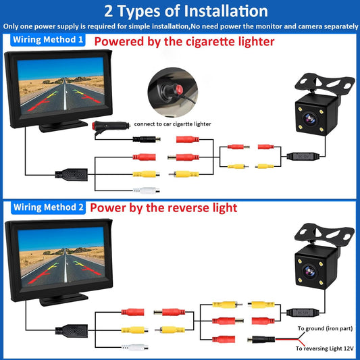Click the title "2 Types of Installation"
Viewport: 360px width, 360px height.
[x=180, y=11]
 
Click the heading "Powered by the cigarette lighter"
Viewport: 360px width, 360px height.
[x=184, y=41]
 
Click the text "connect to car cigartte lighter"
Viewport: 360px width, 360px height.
[x=173, y=124]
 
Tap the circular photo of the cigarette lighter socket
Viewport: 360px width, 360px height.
[x=169, y=93]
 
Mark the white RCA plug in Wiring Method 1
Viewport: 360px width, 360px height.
[x=146, y=190]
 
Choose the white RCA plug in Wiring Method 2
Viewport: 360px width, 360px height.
[x=134, y=348]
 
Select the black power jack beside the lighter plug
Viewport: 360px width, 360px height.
[x=145, y=139]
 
